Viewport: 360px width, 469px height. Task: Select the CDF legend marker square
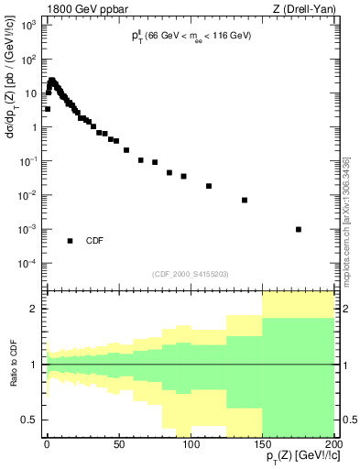tap(71, 241)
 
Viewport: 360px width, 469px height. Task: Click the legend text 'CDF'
tap(94, 242)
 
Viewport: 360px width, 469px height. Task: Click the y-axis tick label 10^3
tap(29, 26)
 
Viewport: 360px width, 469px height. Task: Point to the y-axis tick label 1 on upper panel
tap(34, 127)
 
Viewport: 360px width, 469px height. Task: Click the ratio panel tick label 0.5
tap(29, 420)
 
